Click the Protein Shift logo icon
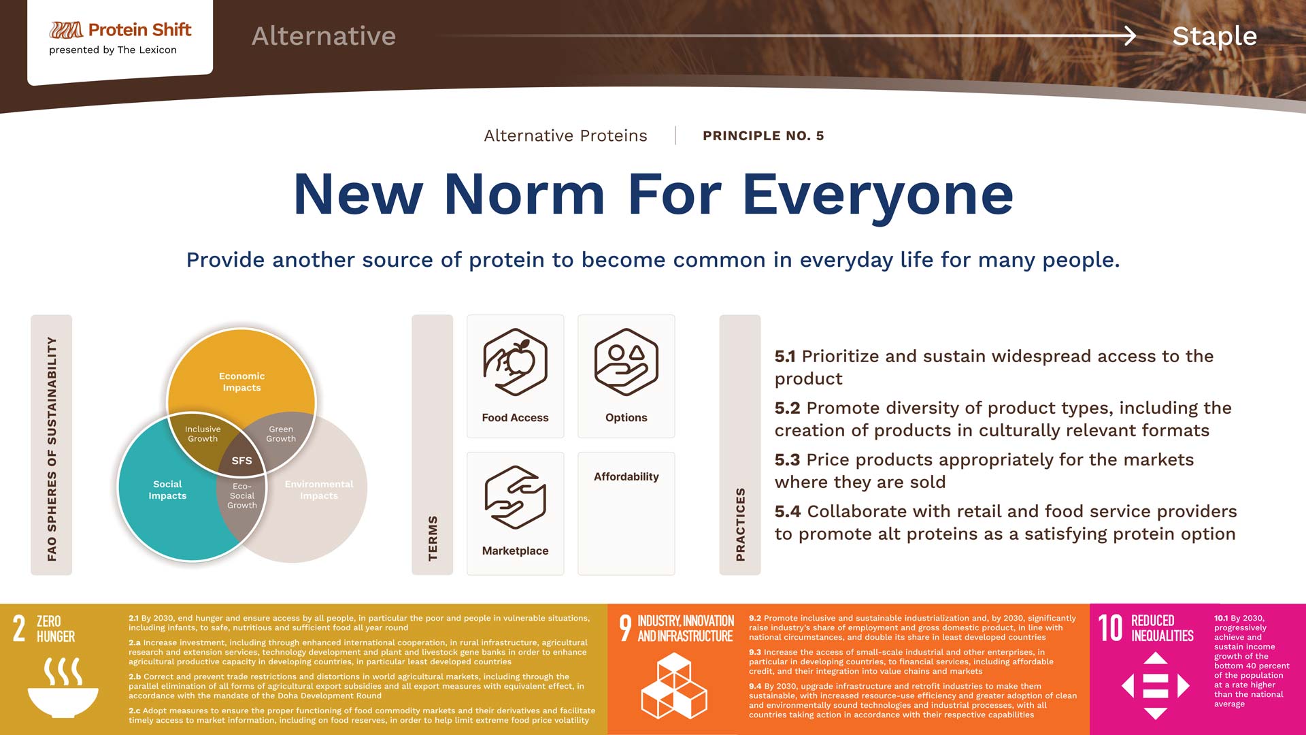tap(66, 30)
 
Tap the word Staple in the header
tap(1214, 36)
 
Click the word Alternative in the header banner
tap(324, 35)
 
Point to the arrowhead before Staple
tap(1130, 35)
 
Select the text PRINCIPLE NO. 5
tap(763, 135)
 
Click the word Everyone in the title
tap(877, 195)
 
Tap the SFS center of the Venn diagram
tap(241, 461)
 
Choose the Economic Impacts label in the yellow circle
tap(241, 382)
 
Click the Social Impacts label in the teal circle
tap(167, 490)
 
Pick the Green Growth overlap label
tap(281, 434)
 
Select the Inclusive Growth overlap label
tap(203, 434)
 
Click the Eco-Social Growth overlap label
tap(242, 496)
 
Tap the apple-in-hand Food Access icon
tap(515, 362)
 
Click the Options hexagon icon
tap(626, 362)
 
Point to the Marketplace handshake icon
tap(515, 497)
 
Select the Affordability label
tap(626, 476)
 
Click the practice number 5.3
tap(787, 460)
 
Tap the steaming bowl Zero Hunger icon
tap(63, 687)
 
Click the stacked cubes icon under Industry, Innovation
tap(674, 686)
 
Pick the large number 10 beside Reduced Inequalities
tap(1110, 627)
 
